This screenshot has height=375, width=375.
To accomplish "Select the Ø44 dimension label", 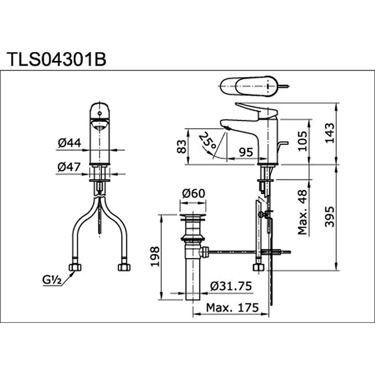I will coord(69,143).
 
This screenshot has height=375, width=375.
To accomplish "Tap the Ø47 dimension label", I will coord(69,167).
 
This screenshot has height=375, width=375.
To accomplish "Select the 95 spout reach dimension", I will coord(246,152).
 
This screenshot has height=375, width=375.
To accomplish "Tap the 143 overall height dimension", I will coord(330,133).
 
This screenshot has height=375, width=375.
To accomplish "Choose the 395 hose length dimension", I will coord(330,216).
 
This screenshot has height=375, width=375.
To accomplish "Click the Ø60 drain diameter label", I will coord(193,194).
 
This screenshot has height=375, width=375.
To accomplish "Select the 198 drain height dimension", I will coord(155,257).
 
